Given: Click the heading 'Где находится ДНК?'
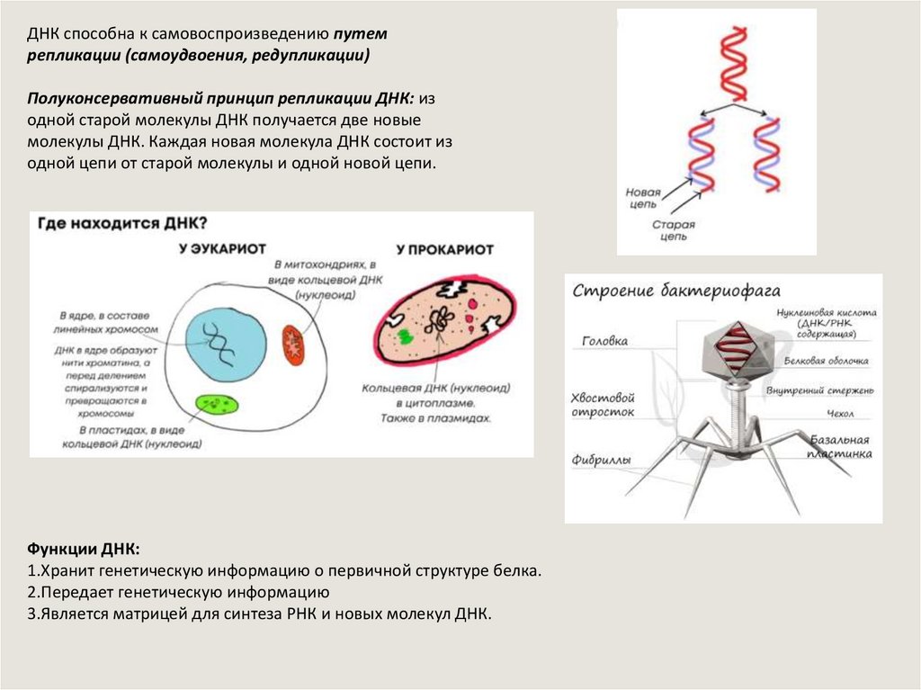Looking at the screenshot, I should (121, 222).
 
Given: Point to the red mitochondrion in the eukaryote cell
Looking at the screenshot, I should (293, 344).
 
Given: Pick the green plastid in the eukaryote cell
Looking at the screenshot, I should (217, 405).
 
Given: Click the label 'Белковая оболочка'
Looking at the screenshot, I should (826, 362).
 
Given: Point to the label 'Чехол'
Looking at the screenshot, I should (840, 414).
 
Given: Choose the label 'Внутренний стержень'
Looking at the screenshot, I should (819, 391).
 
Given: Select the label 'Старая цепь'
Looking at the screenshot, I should (670, 230).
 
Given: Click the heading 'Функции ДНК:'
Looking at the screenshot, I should (84, 549).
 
